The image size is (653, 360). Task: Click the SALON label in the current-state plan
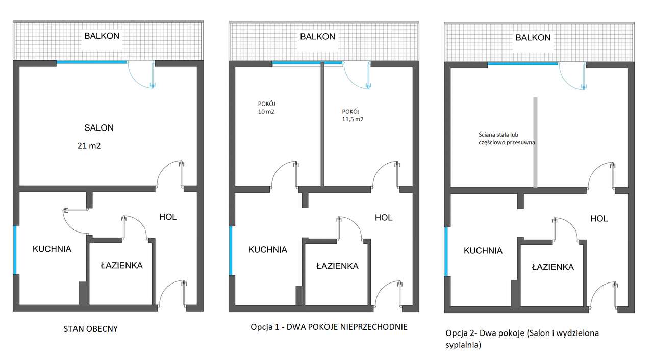[x=99, y=127]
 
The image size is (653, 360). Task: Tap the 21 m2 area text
[x=89, y=146]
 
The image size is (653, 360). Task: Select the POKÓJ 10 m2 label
[x=266, y=108]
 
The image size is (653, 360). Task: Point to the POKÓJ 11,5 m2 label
[x=353, y=115]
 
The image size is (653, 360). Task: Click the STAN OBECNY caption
[x=91, y=329]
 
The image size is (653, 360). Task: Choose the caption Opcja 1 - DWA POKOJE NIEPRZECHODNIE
[x=329, y=327]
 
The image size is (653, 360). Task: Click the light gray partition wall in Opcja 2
[x=535, y=142]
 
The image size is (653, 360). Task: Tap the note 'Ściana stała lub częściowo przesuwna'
[x=507, y=138]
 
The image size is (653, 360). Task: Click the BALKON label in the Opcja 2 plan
[x=533, y=37]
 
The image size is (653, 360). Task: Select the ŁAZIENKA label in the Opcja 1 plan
[x=337, y=266]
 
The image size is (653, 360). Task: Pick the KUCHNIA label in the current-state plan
[x=52, y=249]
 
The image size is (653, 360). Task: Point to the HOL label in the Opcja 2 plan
[x=599, y=218]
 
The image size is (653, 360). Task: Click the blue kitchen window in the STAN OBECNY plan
[x=15, y=250]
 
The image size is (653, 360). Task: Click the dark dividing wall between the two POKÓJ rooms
[x=322, y=124]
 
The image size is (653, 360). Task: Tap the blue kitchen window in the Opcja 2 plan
[x=446, y=252]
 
